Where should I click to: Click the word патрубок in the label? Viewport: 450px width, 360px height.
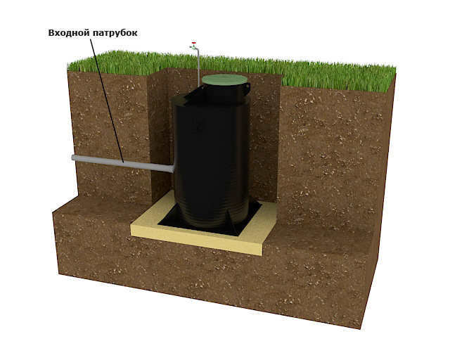click(115, 33)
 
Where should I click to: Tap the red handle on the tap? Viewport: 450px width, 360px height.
click(194, 43)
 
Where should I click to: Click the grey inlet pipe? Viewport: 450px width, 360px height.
click(122, 163)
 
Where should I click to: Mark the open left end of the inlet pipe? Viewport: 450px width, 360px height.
click(73, 157)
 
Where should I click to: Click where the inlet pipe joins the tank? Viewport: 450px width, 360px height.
click(172, 169)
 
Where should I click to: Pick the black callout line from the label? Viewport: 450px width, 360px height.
click(107, 101)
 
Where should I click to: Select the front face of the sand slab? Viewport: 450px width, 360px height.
click(196, 240)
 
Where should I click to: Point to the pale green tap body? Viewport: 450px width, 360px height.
click(193, 47)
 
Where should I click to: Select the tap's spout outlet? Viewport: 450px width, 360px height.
click(191, 47)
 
